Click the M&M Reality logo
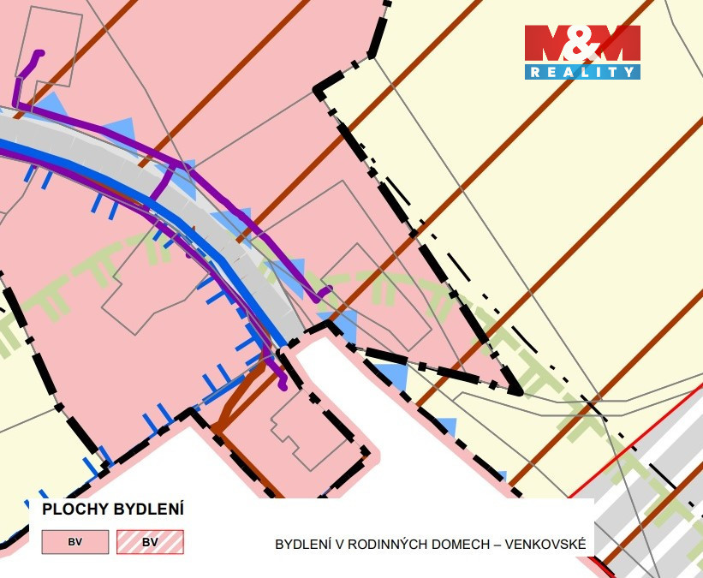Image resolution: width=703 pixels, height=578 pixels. (x=582, y=51)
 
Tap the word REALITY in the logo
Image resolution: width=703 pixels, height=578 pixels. (x=582, y=72)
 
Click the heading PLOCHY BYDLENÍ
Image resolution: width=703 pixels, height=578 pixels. (x=113, y=509)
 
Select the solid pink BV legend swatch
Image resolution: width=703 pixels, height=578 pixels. (x=75, y=542)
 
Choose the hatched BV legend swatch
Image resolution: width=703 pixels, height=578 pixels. (x=150, y=542)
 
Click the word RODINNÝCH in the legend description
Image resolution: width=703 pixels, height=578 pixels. (x=384, y=544)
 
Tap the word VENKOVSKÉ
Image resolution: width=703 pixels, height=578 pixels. (x=545, y=544)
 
